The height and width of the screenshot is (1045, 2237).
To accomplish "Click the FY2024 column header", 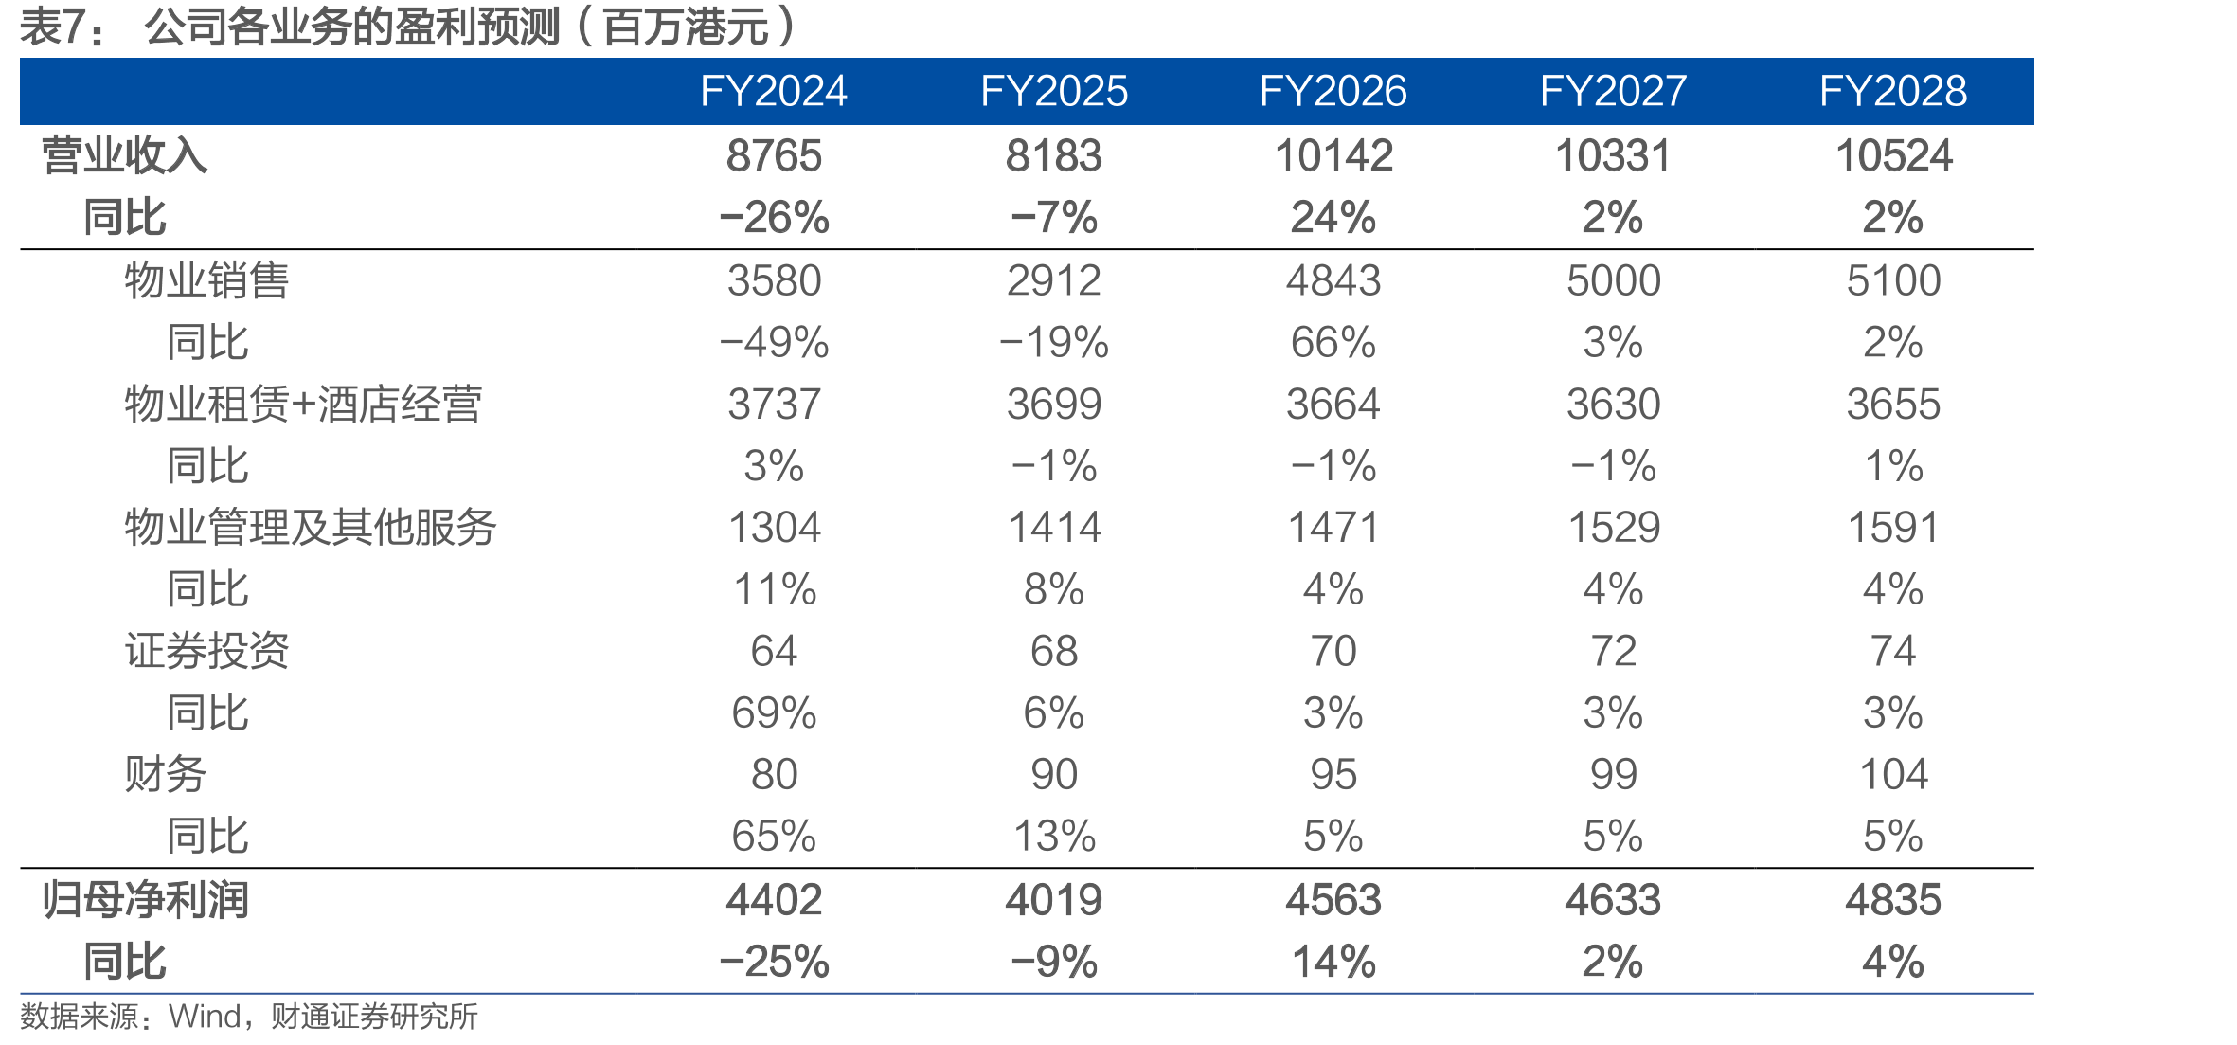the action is (x=773, y=92).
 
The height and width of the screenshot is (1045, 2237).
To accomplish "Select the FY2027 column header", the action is (x=1613, y=92).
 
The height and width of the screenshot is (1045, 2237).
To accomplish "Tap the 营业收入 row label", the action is (x=124, y=155).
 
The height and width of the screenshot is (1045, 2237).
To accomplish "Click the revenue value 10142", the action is (x=1333, y=156).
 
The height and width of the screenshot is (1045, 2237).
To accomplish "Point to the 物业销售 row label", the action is (x=206, y=280).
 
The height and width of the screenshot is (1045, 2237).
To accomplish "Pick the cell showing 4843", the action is (x=1333, y=281).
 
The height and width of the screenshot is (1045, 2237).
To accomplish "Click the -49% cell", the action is (x=774, y=343).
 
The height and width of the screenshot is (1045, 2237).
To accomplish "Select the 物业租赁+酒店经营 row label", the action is (x=303, y=405).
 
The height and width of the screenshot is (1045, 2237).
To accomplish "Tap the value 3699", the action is (x=1053, y=405).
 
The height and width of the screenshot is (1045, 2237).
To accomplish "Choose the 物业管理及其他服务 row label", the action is (x=311, y=528).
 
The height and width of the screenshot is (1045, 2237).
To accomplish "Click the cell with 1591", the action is (x=1893, y=528).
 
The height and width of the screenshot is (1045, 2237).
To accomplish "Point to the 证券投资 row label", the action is (x=206, y=652).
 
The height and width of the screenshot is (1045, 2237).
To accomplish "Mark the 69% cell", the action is (x=774, y=713).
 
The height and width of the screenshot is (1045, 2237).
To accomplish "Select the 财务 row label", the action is (x=166, y=775).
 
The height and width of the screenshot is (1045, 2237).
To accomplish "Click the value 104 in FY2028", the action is (x=1893, y=775).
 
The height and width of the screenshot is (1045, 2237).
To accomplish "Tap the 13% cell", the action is (x=1053, y=837).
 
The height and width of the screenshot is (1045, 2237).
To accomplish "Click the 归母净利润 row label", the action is (x=145, y=900).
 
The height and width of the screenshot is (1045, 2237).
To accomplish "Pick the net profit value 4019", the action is (x=1053, y=900).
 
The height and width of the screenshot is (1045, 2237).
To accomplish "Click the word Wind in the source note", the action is (x=206, y=1017).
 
